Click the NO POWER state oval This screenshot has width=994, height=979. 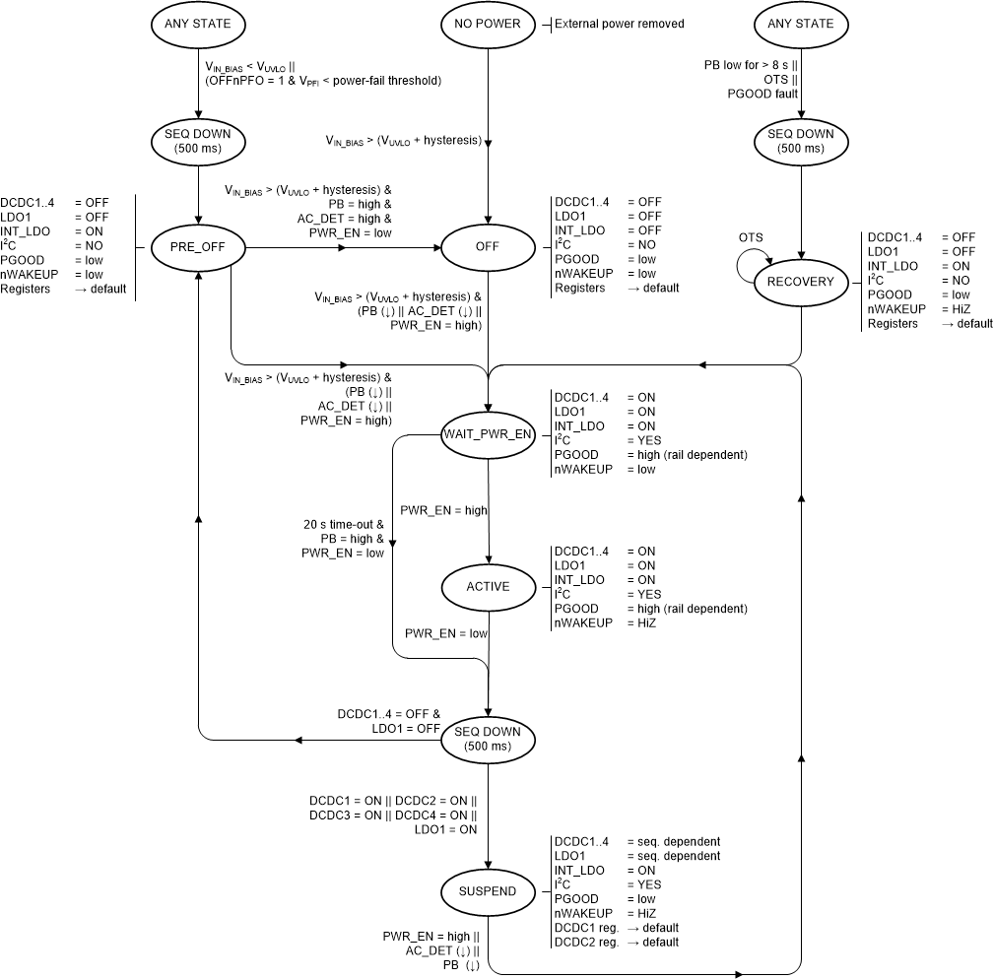489,24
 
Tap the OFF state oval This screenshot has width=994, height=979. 489,247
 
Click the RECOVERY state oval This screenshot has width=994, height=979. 801,282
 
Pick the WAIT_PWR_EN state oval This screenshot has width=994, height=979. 489,433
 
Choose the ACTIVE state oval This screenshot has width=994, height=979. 489,586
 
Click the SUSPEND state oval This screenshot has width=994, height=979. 489,891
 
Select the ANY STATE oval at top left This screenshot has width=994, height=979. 199,24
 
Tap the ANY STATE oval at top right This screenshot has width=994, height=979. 801,24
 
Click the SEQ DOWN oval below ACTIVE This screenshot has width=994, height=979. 489,739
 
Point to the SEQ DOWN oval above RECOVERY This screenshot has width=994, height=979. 801,141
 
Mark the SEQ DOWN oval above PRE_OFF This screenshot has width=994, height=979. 199,141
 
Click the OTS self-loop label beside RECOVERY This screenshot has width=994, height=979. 750,237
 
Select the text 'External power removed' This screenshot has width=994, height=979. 619,24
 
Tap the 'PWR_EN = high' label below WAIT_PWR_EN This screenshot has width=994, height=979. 443,510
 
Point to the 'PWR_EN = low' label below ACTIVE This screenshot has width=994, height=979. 446,633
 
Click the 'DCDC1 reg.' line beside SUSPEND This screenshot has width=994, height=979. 585,928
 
